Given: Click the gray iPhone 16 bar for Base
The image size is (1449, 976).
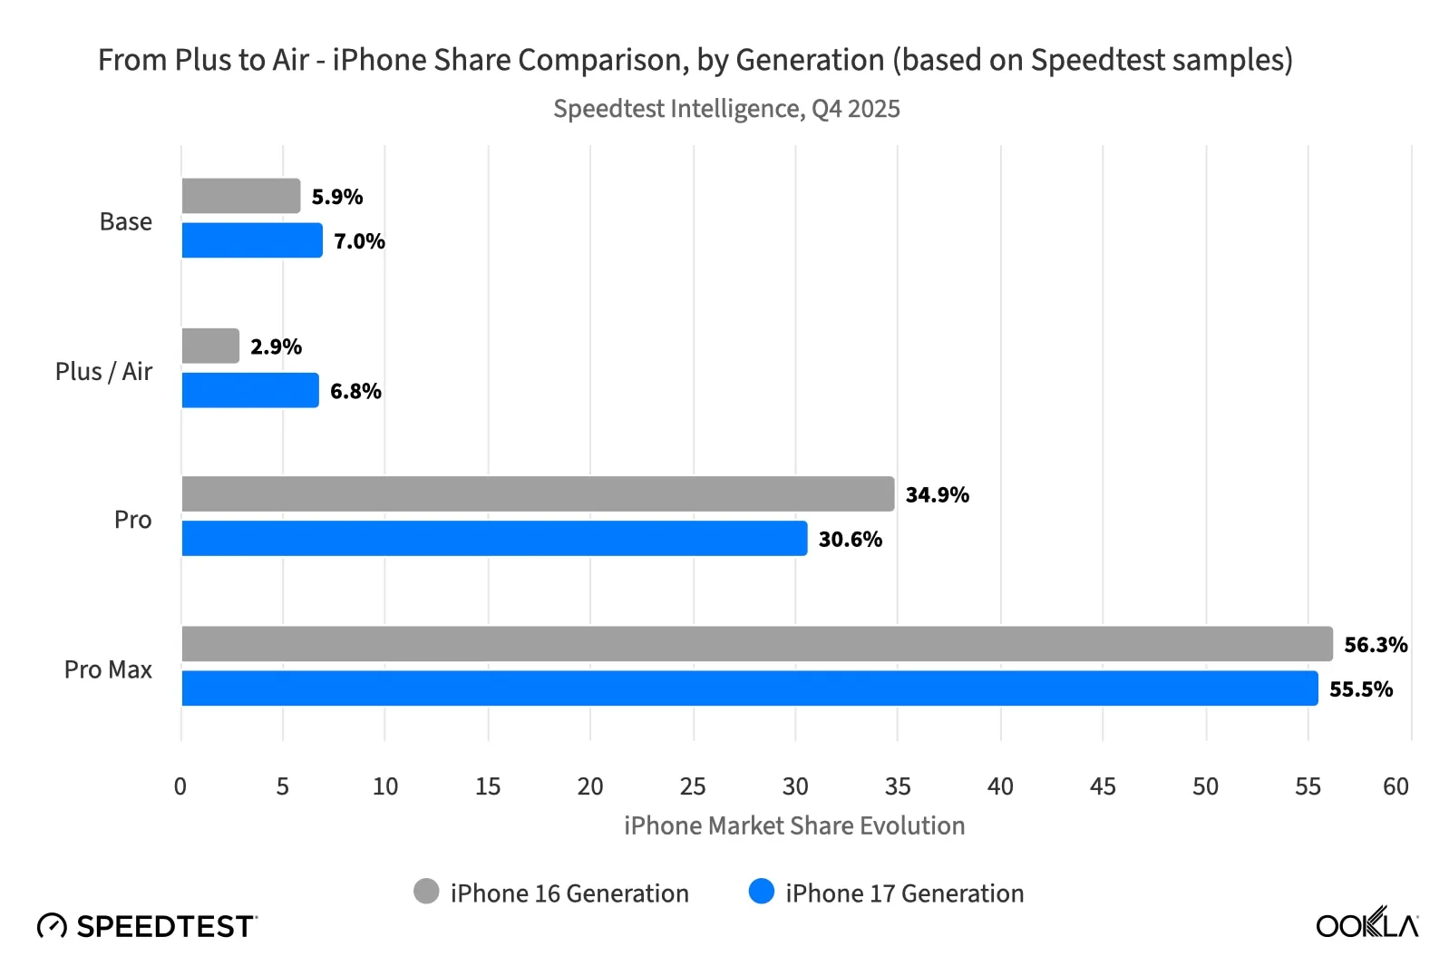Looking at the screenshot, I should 240,196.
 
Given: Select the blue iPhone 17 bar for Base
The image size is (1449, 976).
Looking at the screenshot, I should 251,240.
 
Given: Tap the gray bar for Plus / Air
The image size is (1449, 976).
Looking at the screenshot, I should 210,346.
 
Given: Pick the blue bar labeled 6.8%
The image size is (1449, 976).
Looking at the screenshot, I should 249,390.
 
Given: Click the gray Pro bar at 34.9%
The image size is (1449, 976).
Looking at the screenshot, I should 537,494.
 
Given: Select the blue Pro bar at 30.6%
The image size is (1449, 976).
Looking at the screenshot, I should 494,538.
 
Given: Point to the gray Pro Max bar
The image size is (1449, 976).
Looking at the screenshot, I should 756,644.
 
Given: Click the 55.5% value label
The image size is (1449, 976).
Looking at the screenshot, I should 1360,689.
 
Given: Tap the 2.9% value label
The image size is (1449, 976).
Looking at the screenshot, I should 276,346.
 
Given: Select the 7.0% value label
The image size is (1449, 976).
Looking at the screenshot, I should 359,241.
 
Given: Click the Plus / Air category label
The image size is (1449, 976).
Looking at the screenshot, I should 103,372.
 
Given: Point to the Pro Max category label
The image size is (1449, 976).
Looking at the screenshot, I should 108,669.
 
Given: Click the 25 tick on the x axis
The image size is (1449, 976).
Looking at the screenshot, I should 693,786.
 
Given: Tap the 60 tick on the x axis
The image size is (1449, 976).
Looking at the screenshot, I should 1396,786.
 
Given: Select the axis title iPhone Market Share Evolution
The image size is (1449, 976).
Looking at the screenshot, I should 793,825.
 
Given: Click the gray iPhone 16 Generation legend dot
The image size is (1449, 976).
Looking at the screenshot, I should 426,892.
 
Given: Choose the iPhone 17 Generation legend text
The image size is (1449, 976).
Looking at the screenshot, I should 904,893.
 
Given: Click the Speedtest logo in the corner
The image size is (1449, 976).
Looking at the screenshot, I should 148,926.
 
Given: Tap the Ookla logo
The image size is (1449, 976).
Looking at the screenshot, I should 1366,923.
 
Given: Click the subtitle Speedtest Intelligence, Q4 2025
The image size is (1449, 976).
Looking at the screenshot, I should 726,109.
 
